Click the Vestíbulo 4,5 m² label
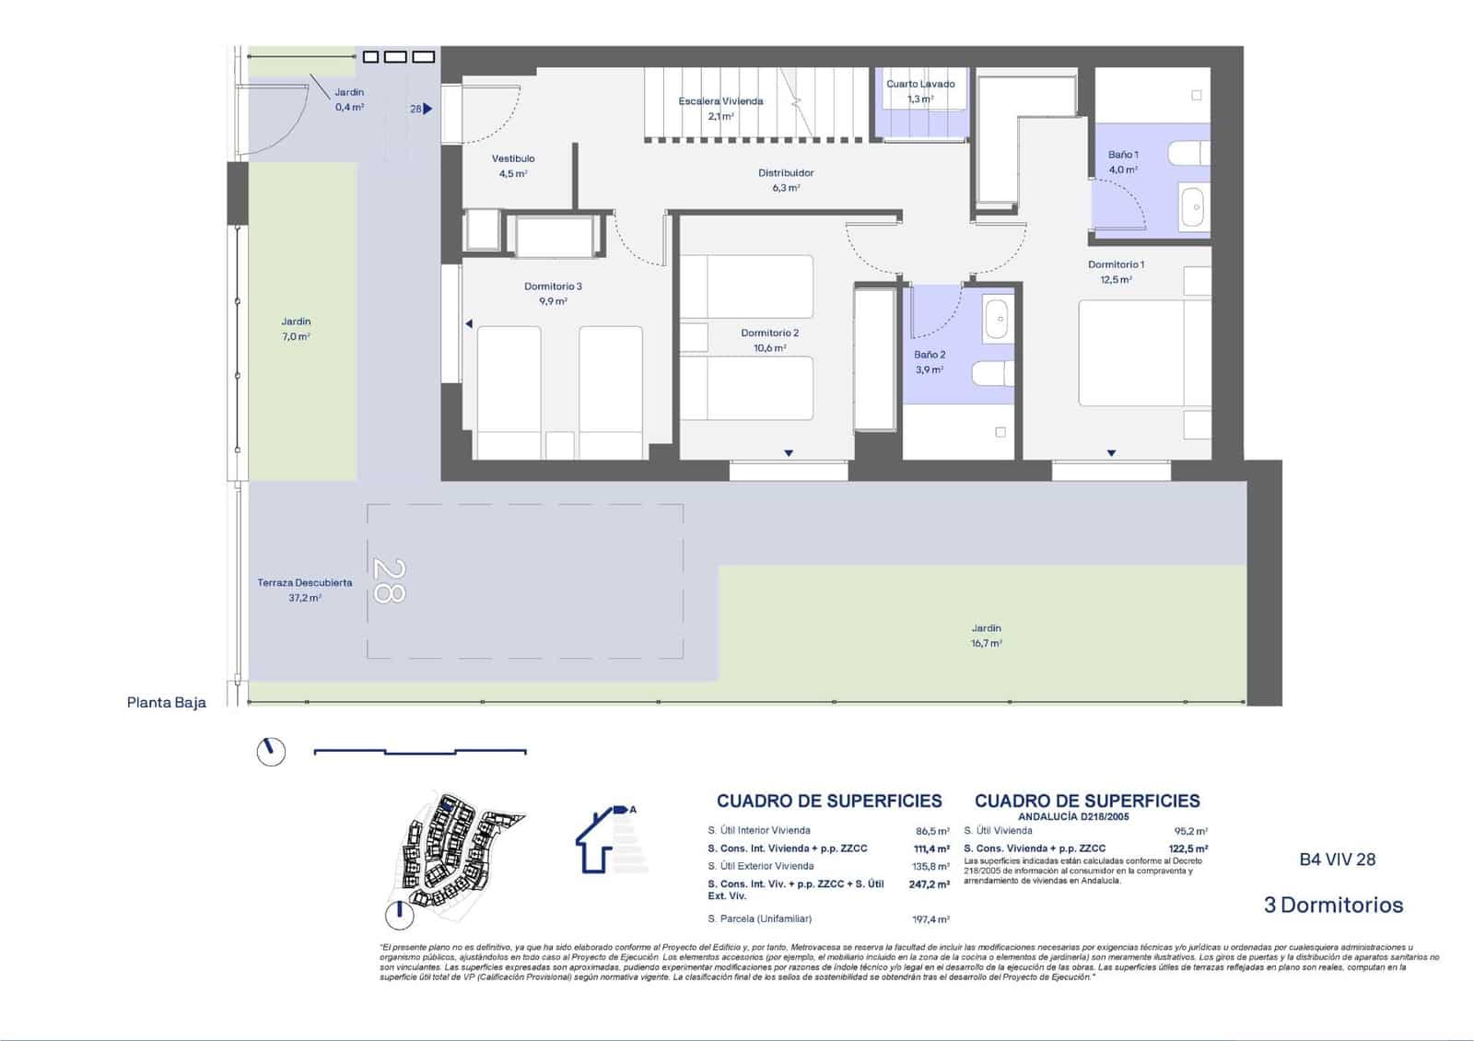(513, 166)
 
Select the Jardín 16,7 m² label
(986, 636)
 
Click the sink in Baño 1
(1194, 206)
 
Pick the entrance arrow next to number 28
(427, 109)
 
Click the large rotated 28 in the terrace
(388, 580)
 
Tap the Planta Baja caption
(167, 703)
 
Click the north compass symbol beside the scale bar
(271, 752)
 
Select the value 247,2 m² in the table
(929, 883)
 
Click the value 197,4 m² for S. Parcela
(929, 919)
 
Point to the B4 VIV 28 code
(1337, 860)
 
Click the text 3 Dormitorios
(1333, 905)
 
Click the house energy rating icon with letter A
(606, 838)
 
